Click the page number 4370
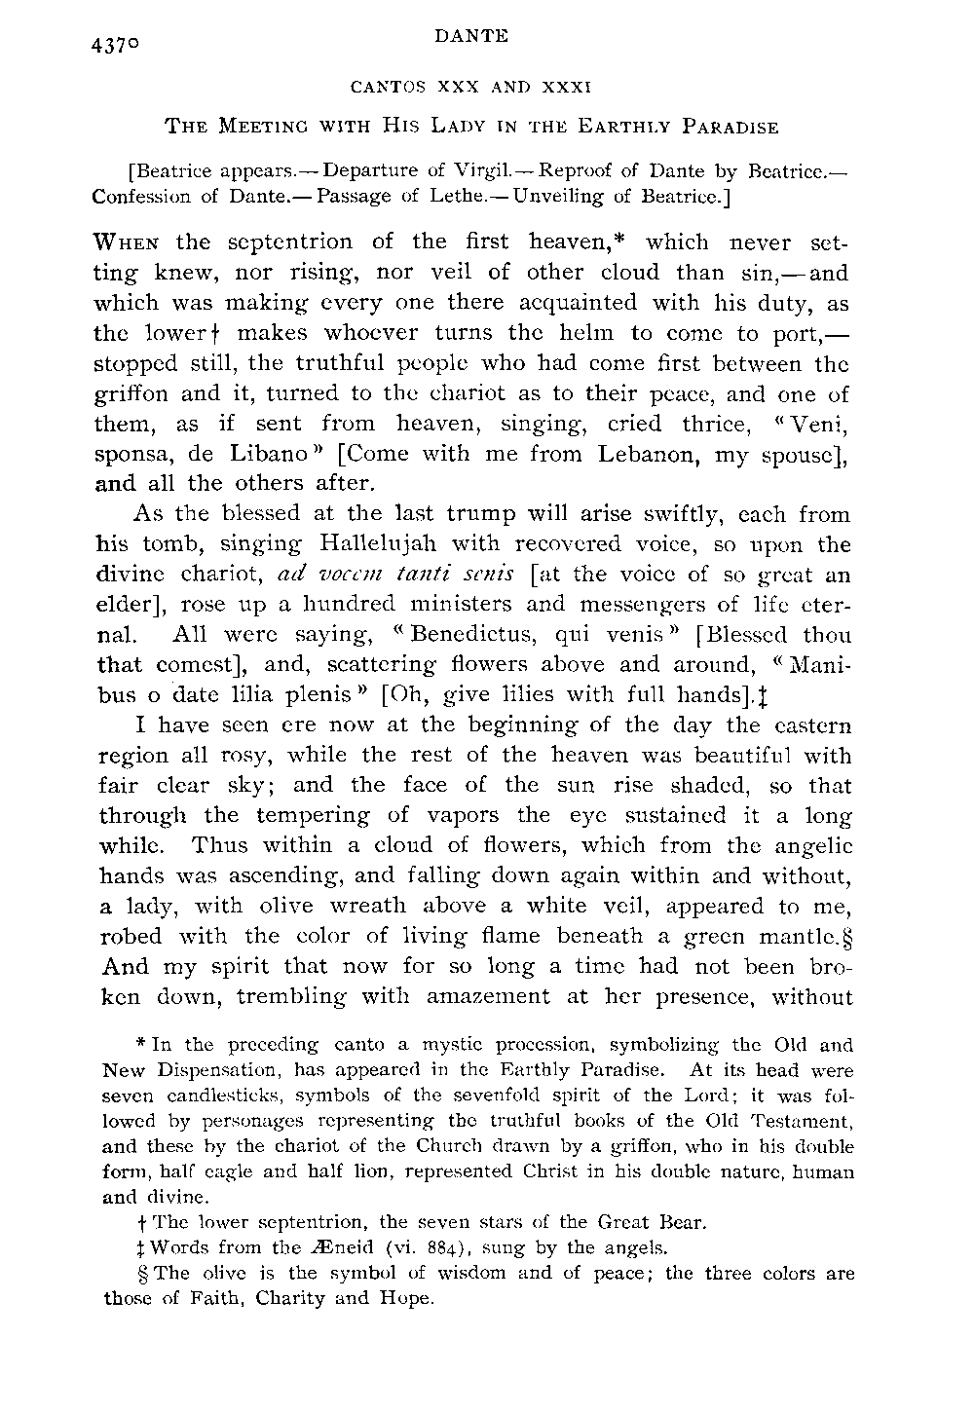click(x=121, y=47)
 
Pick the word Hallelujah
click(x=337, y=543)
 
